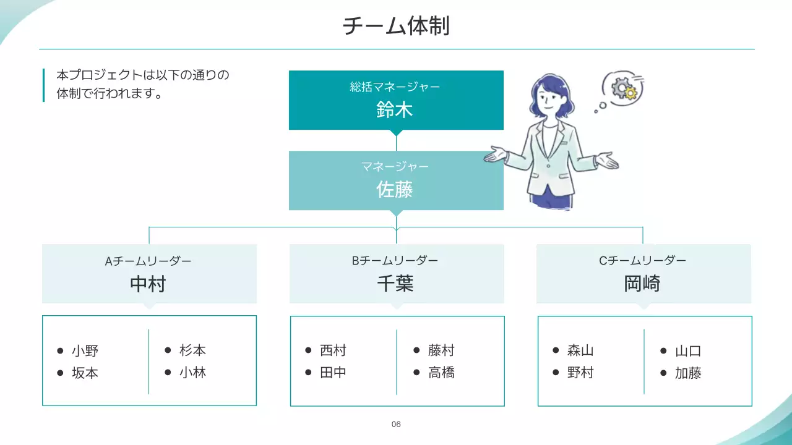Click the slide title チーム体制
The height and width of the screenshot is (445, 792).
[x=396, y=26]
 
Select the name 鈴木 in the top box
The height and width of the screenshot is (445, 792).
[x=395, y=110]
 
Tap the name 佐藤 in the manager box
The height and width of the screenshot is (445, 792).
[x=395, y=189]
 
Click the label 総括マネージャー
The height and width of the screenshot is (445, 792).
[x=395, y=87]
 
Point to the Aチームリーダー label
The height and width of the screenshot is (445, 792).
[x=148, y=261]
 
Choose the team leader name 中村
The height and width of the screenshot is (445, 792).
[x=148, y=284]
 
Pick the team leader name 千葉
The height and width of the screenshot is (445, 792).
[x=395, y=284]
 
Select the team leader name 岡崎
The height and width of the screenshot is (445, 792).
[x=642, y=284]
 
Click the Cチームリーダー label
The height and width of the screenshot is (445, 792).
[x=642, y=261]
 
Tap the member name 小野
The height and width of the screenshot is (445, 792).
[x=85, y=351]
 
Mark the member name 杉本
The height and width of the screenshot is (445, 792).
[x=193, y=350]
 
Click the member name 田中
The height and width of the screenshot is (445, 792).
[x=334, y=373]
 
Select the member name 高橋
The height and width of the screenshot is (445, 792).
[x=442, y=373]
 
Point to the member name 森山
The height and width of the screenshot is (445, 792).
[x=580, y=350]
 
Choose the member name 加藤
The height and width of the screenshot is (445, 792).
[x=688, y=373]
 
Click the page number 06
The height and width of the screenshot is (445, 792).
[x=396, y=424]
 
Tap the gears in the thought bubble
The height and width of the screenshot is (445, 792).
[x=623, y=88]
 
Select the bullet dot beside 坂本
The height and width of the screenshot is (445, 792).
[x=61, y=373]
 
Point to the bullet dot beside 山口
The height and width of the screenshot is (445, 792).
[x=663, y=351]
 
